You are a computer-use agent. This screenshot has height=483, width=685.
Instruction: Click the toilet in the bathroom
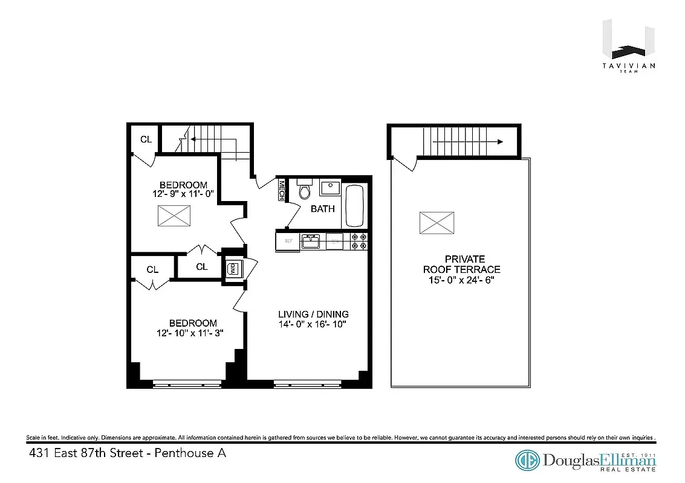(304, 191)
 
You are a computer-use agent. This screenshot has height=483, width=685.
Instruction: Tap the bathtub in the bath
(354, 205)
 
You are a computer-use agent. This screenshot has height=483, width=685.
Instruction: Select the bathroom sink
(330, 188)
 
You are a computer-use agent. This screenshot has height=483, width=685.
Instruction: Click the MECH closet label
(281, 191)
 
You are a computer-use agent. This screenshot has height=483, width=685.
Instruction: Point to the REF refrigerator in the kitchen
(288, 241)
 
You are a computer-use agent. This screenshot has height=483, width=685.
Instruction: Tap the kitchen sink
(311, 241)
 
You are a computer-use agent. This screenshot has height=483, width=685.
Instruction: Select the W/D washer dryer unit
(232, 269)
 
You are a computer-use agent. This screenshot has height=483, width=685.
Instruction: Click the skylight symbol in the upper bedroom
(175, 216)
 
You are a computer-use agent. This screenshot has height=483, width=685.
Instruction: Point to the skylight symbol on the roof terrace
(437, 223)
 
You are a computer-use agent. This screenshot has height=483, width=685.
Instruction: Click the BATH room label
(323, 209)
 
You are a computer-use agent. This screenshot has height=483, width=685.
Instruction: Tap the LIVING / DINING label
(313, 315)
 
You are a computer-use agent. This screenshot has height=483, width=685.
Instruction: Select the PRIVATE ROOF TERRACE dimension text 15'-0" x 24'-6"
(462, 280)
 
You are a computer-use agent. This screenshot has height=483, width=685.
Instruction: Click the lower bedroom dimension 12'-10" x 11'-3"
(192, 333)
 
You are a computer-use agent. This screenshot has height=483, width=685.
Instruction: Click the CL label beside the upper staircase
(146, 139)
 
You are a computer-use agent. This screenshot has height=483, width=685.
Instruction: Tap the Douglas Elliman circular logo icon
(527, 461)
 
